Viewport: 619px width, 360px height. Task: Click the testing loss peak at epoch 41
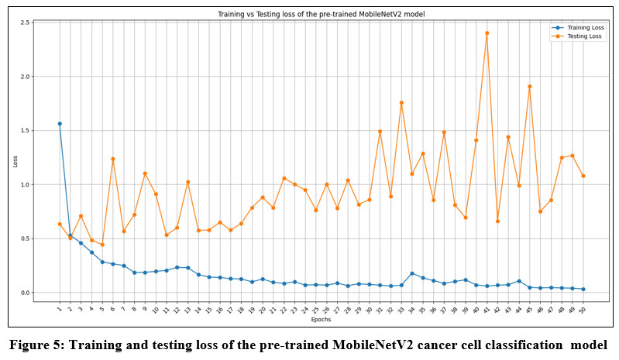[x=487, y=33]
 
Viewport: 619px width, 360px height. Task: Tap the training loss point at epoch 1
[x=60, y=124]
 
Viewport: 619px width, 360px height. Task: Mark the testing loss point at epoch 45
[x=529, y=87]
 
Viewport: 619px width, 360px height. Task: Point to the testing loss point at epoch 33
[x=401, y=102]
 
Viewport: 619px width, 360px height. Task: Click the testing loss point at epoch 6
[x=113, y=159]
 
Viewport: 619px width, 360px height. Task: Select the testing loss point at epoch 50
[x=583, y=176]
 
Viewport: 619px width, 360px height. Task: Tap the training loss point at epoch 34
[x=412, y=273]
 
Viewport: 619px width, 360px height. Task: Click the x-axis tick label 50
[x=582, y=310]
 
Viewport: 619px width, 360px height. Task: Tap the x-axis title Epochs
[x=321, y=319]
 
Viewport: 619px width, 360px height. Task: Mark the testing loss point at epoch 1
[x=60, y=224]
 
